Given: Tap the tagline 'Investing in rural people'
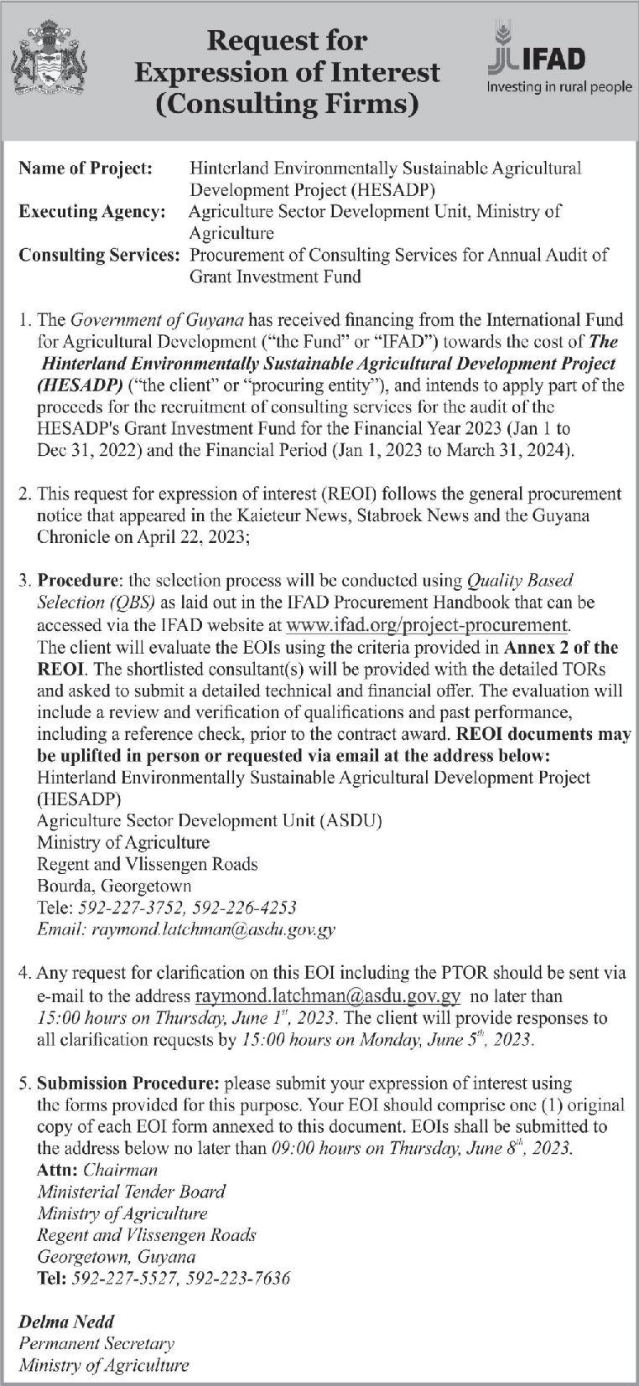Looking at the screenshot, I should tap(559, 86).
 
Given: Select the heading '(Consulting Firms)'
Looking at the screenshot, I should tap(287, 104).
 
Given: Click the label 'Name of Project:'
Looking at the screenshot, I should tap(86, 168).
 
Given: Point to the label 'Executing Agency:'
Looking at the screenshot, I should tap(92, 212).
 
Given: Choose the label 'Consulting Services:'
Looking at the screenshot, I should tap(100, 255).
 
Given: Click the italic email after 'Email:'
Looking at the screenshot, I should tap(214, 929).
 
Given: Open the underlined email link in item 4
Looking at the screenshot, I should tap(328, 996).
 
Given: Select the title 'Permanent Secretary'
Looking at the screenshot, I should tap(96, 1344).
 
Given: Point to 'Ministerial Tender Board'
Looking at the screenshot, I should tap(132, 1191).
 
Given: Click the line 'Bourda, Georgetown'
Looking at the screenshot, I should tap(114, 886).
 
